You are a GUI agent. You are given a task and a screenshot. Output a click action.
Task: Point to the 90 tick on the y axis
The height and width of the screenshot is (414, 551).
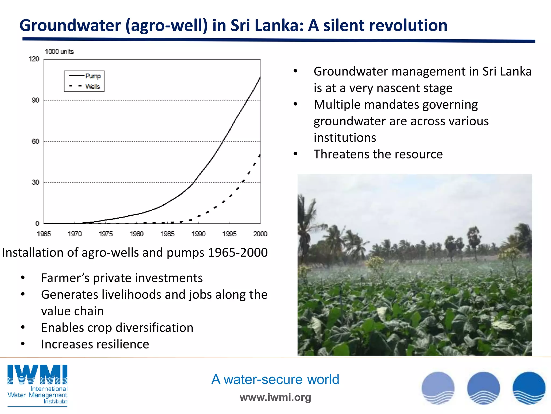[x=36, y=100]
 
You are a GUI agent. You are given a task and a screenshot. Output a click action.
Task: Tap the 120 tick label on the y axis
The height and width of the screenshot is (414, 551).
[x=34, y=59]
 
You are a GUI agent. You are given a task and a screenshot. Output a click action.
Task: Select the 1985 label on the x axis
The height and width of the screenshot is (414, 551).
[x=167, y=234]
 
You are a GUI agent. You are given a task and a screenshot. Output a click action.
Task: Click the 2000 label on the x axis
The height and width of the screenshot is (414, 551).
[x=260, y=234]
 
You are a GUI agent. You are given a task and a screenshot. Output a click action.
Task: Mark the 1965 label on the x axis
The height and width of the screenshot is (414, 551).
[x=44, y=234]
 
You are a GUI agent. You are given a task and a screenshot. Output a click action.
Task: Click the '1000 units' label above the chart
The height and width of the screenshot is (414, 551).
[x=59, y=51]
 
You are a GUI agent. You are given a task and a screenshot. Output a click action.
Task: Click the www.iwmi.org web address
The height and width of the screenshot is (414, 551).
[x=275, y=397]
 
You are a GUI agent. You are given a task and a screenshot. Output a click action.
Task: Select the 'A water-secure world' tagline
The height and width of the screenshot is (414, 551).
[x=275, y=379]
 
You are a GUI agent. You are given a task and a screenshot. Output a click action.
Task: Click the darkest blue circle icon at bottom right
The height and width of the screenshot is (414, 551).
[x=529, y=388]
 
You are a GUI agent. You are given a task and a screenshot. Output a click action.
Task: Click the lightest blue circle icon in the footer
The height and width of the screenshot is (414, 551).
[x=438, y=388]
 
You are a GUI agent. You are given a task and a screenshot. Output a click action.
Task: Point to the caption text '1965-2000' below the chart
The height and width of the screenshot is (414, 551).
[x=238, y=253]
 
